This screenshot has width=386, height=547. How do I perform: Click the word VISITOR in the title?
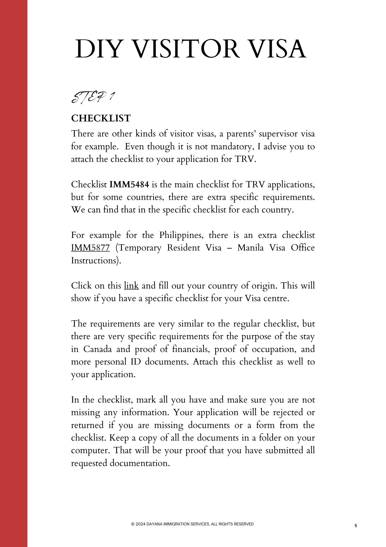pyautogui.click(x=186, y=49)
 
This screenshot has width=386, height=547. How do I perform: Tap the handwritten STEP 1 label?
pyautogui.click(x=93, y=98)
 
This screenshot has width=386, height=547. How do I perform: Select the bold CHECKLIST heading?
pyautogui.click(x=101, y=118)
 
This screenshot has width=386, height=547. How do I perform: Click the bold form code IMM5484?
pyautogui.click(x=129, y=185)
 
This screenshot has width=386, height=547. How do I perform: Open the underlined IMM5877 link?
pyautogui.click(x=90, y=248)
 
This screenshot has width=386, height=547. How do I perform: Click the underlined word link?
pyautogui.click(x=131, y=286)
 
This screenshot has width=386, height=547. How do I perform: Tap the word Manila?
pyautogui.click(x=250, y=248)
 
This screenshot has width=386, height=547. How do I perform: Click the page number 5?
pyautogui.click(x=356, y=525)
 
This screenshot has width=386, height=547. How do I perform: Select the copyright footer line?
pyautogui.click(x=192, y=524)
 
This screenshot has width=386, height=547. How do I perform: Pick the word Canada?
pyautogui.click(x=97, y=349)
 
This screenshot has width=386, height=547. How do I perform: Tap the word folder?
pyautogui.click(x=270, y=438)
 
